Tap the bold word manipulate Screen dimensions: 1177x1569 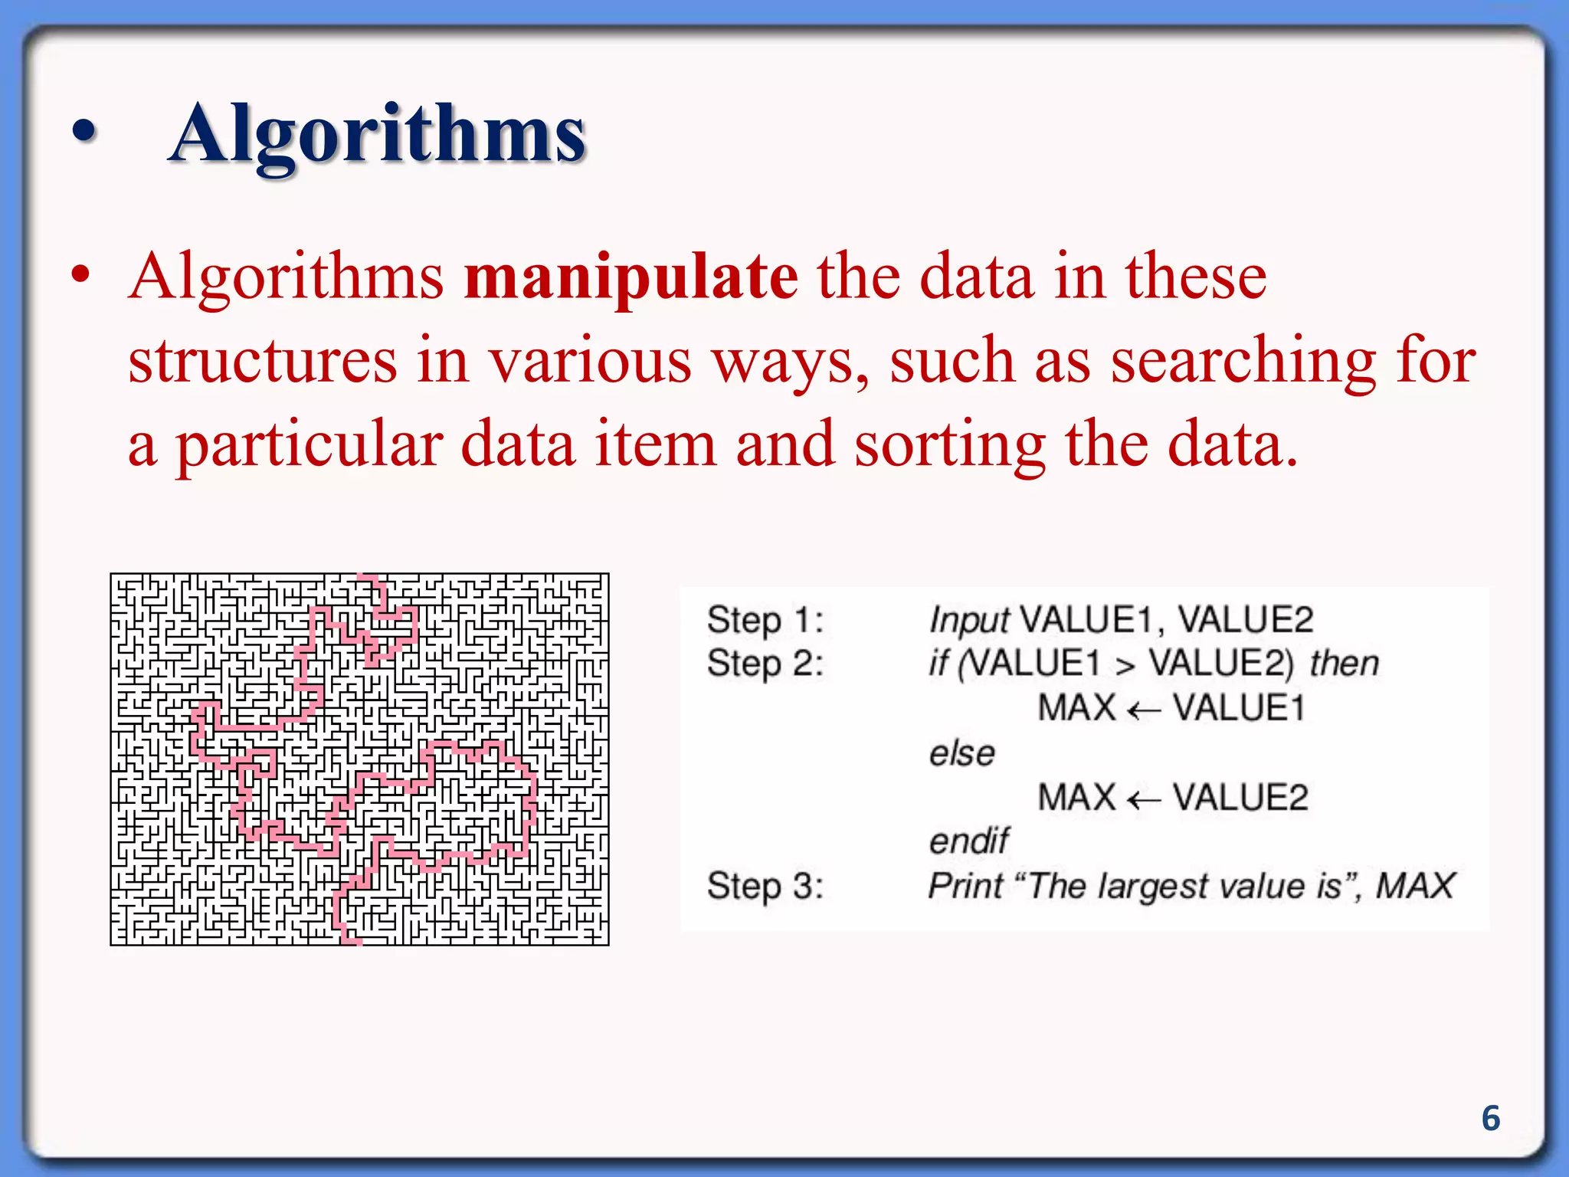(631, 277)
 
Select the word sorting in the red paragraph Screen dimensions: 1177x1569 (949, 446)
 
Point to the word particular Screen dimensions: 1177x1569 (310, 446)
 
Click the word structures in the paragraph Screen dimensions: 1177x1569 (263, 362)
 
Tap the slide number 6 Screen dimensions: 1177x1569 (1490, 1118)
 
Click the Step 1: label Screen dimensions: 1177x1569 (765, 619)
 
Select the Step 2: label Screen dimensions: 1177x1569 (765, 664)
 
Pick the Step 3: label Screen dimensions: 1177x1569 (765, 886)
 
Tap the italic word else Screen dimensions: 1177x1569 (962, 753)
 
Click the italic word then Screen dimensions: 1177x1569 (1344, 664)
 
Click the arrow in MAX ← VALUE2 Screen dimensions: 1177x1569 (1144, 799)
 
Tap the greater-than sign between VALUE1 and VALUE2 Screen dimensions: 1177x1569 (1125, 665)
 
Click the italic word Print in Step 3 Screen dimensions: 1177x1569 (965, 887)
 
